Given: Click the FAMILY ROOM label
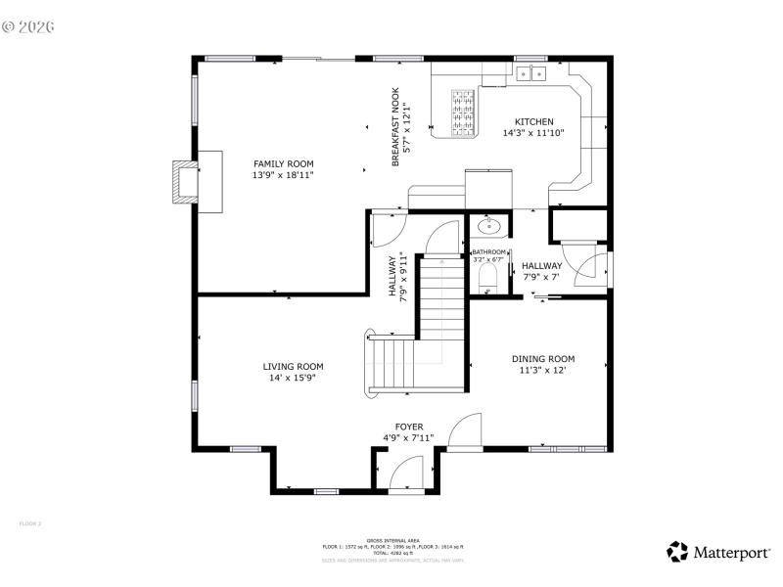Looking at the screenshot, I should coord(284,163).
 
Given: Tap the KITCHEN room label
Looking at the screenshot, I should coord(533,121).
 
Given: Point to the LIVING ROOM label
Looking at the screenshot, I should coord(293,366).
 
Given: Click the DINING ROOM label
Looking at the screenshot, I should coord(543,359).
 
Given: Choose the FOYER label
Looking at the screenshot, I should coord(409,427).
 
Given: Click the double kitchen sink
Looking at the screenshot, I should coord(532,72).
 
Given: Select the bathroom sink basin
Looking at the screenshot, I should coord(489,227).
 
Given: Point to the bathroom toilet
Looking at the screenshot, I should coord(490,281).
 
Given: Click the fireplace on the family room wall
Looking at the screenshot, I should coord(183,181).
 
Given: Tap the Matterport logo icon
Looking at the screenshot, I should coord(677,552).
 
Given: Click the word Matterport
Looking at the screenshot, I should coord(731,553).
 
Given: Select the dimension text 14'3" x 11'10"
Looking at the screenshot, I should coord(533,133).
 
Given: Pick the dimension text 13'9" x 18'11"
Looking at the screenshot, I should coord(284,175).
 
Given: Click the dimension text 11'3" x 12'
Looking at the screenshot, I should coord(543,371).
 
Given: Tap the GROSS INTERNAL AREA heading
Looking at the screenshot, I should coord(393,540).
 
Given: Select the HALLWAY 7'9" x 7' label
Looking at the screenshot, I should coord(541,271).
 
